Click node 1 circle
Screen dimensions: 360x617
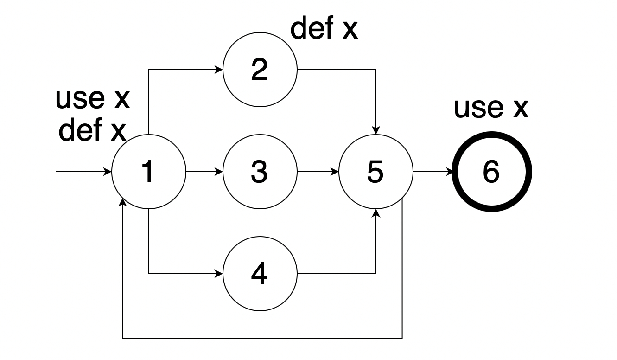148,172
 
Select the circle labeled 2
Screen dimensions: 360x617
260,70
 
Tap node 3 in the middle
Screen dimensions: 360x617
260,172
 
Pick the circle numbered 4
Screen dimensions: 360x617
260,274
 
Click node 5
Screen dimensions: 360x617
375,172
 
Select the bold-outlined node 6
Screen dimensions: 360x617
491,172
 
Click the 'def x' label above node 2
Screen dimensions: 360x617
324,29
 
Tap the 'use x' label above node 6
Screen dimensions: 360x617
490,108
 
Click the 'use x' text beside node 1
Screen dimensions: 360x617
92,98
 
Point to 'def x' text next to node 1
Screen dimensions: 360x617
92,130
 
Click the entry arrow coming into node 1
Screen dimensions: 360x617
83,172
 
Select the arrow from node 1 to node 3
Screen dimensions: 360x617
204,172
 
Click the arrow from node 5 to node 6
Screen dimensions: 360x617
433,172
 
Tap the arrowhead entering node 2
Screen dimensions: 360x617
219,70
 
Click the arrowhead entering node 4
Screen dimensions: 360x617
219,274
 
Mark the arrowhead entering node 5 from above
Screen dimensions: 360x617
376,131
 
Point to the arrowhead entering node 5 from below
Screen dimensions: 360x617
376,212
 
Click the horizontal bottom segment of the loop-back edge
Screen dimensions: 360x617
262,338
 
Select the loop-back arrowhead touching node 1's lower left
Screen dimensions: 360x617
123,202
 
